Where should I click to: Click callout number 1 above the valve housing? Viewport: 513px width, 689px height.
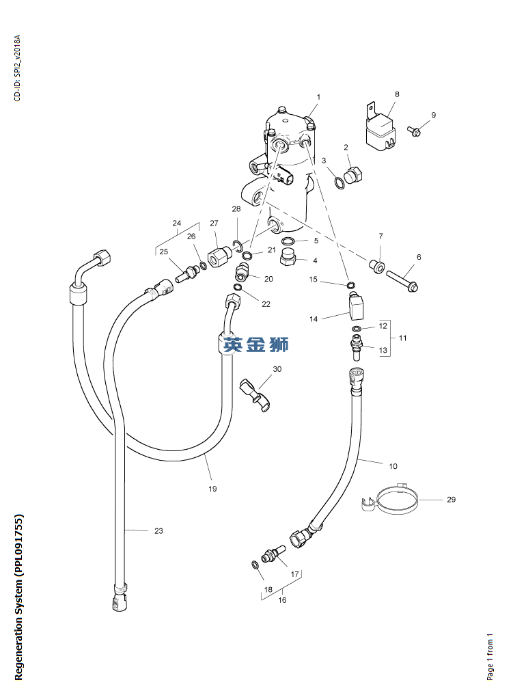pos(318,97)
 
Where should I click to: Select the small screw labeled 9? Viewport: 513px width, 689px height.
pos(415,131)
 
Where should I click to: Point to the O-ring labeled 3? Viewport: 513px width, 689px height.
pos(339,183)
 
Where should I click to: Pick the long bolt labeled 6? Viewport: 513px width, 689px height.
pos(402,281)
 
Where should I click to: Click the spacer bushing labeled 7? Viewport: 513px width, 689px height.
pos(377,265)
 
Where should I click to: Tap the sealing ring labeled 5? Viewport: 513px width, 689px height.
pos(288,241)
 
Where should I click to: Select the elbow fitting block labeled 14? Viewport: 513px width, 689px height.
pos(356,306)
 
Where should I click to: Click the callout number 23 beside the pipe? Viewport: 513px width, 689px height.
pos(158,531)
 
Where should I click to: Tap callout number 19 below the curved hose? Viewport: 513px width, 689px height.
pos(212,489)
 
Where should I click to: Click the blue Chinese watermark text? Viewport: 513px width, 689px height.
pos(255,344)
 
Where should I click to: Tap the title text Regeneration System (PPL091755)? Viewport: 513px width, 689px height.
pos(18,598)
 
